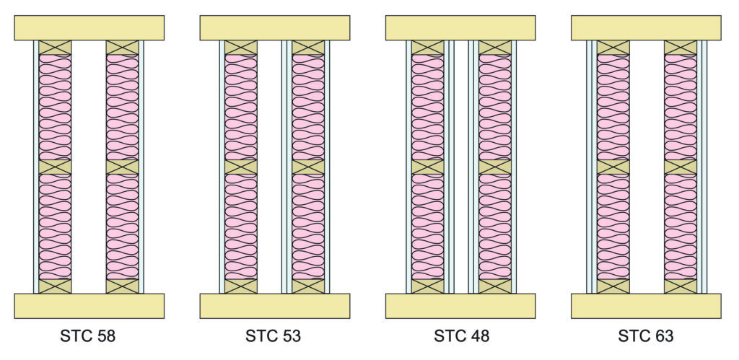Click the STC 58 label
click(87, 336)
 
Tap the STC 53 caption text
click(273, 336)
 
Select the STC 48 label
click(461, 336)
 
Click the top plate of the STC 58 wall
click(89, 28)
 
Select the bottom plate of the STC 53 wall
click(275, 306)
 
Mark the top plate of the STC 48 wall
click(460, 28)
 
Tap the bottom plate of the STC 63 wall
click(646, 306)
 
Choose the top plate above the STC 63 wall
click(646, 28)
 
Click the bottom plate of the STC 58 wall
click(89, 306)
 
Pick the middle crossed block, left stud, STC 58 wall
click(55, 167)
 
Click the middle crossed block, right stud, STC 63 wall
click(681, 167)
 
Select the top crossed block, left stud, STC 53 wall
click(241, 48)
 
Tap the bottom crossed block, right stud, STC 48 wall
click(495, 286)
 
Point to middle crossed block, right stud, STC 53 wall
click(308, 167)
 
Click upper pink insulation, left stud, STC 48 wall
click(427, 107)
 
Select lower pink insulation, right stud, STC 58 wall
click(122, 227)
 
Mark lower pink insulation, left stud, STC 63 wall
click(613, 227)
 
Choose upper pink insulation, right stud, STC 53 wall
click(308, 107)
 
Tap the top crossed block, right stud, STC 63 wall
click(681, 48)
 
